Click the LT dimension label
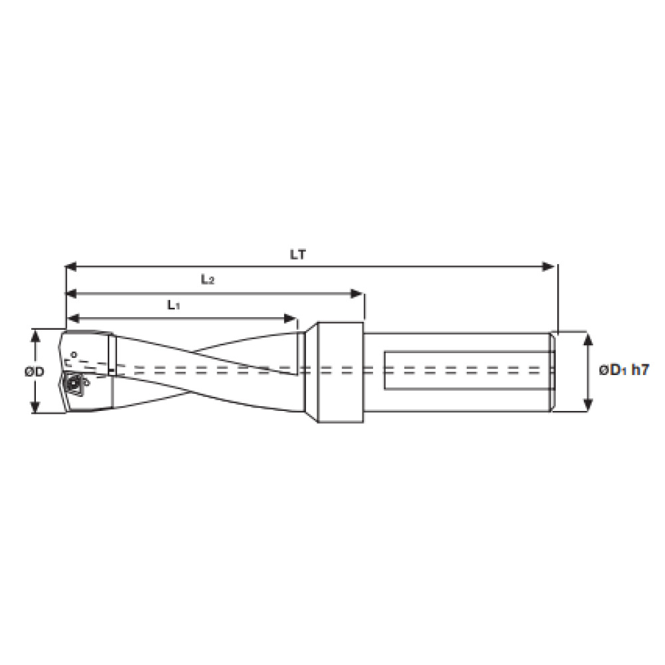coord(297,254)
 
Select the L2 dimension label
coord(207,280)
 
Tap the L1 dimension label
coord(173,305)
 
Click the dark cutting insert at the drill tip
coord(72,383)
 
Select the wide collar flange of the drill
coord(339,371)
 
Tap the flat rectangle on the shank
coord(465,371)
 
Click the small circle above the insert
coord(74,354)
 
